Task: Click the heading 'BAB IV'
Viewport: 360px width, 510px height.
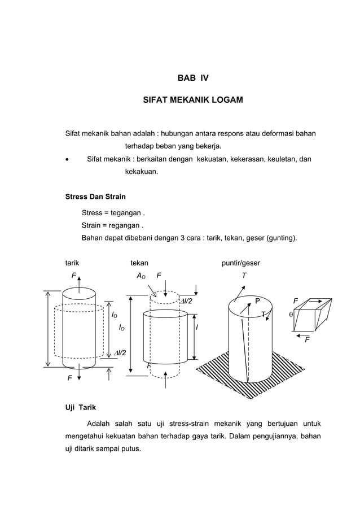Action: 193,78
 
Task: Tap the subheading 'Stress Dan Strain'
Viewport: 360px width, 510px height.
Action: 95,197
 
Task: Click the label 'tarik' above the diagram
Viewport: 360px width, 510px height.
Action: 72,263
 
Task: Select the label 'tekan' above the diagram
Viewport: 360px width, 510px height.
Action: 139,263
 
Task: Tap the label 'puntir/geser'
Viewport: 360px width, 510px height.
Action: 241,263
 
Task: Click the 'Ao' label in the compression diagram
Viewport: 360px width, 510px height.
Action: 142,276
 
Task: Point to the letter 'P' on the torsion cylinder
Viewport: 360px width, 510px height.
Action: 257,300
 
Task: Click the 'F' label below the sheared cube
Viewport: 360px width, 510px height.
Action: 307,340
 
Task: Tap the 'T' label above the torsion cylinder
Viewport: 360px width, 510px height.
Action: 244,276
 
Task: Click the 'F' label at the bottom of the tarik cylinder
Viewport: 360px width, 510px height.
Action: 69,378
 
